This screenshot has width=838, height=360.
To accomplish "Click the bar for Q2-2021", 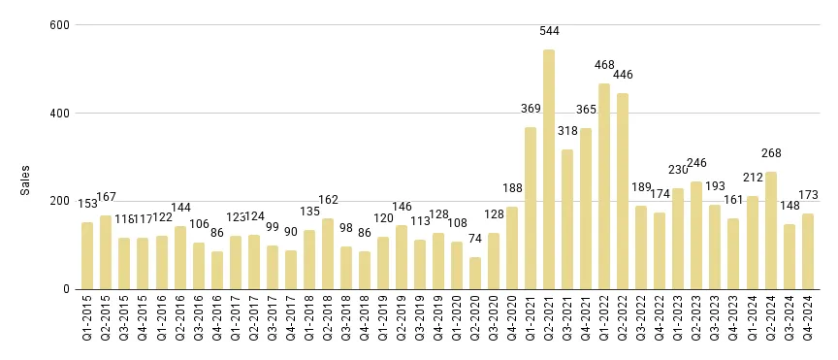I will (x=549, y=170).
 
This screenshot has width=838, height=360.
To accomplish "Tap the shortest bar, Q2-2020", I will (x=475, y=273).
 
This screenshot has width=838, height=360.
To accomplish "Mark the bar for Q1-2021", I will (x=531, y=208).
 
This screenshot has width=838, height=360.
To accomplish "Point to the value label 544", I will (x=550, y=31).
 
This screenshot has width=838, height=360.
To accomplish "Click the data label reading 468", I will (x=604, y=65).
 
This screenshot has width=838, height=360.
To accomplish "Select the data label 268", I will (x=771, y=153).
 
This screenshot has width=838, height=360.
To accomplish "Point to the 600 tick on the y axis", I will (x=59, y=24).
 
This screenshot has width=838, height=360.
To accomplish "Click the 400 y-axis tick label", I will (x=59, y=113).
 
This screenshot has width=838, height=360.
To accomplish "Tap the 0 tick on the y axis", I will (x=66, y=289).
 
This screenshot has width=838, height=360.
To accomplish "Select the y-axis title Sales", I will (x=26, y=179).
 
